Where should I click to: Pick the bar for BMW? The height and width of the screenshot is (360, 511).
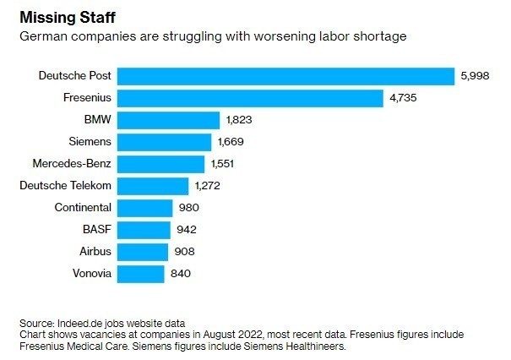[168, 120]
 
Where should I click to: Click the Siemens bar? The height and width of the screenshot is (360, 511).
[164, 142]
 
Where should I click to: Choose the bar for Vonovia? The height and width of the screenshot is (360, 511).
[140, 273]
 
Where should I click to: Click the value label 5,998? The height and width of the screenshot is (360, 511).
[475, 76]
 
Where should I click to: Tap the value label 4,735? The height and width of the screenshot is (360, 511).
[403, 98]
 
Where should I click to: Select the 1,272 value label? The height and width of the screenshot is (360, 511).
[209, 186]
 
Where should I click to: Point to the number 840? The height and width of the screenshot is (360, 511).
[181, 273]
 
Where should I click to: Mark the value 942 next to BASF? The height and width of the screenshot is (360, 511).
[185, 229]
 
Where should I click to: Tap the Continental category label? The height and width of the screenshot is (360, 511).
[82, 207]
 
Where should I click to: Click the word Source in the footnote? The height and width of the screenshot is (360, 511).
[37, 324]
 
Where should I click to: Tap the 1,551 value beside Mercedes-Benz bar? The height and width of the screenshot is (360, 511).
[225, 164]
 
